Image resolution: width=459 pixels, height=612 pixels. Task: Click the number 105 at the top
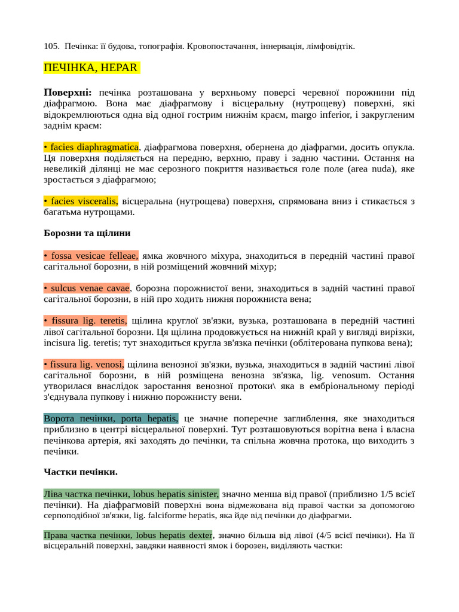point(51,46)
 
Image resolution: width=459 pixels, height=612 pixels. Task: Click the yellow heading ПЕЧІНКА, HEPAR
point(91,67)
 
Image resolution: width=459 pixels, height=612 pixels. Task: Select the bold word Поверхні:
point(68,93)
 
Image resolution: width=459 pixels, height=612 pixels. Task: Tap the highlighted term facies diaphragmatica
point(91,147)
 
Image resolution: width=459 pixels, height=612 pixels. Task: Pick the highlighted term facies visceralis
point(81,201)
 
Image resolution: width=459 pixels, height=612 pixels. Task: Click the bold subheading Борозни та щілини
point(87,233)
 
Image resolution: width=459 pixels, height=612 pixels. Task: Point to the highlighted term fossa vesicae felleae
point(91,256)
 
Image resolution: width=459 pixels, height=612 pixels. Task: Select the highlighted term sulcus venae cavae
point(87,288)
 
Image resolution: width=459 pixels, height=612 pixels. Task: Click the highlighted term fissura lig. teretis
point(85,321)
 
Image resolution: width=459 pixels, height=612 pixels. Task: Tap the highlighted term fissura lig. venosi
point(84,364)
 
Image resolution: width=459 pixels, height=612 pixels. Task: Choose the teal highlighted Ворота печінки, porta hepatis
point(111,418)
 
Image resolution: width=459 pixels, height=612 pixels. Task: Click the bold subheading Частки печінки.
point(81,472)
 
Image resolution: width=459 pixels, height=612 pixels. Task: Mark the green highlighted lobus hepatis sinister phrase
point(131,494)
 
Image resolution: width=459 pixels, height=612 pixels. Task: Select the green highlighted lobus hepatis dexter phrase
point(128,535)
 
